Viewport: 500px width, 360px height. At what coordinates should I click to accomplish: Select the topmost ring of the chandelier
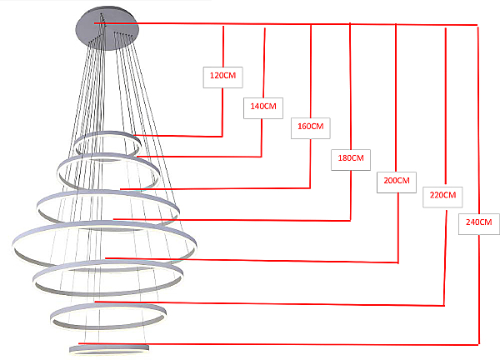[107, 132]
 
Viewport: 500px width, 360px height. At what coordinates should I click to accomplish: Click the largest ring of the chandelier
[104, 223]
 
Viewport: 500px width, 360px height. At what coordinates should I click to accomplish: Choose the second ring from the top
[107, 156]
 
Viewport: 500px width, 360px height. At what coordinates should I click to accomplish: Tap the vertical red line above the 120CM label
[223, 47]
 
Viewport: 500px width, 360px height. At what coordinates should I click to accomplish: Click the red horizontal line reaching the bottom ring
[278, 344]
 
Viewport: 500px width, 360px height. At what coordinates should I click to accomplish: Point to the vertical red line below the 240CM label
[479, 289]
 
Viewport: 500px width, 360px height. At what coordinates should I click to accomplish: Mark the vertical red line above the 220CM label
[446, 107]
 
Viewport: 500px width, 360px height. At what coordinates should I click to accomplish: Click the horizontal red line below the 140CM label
[199, 157]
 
